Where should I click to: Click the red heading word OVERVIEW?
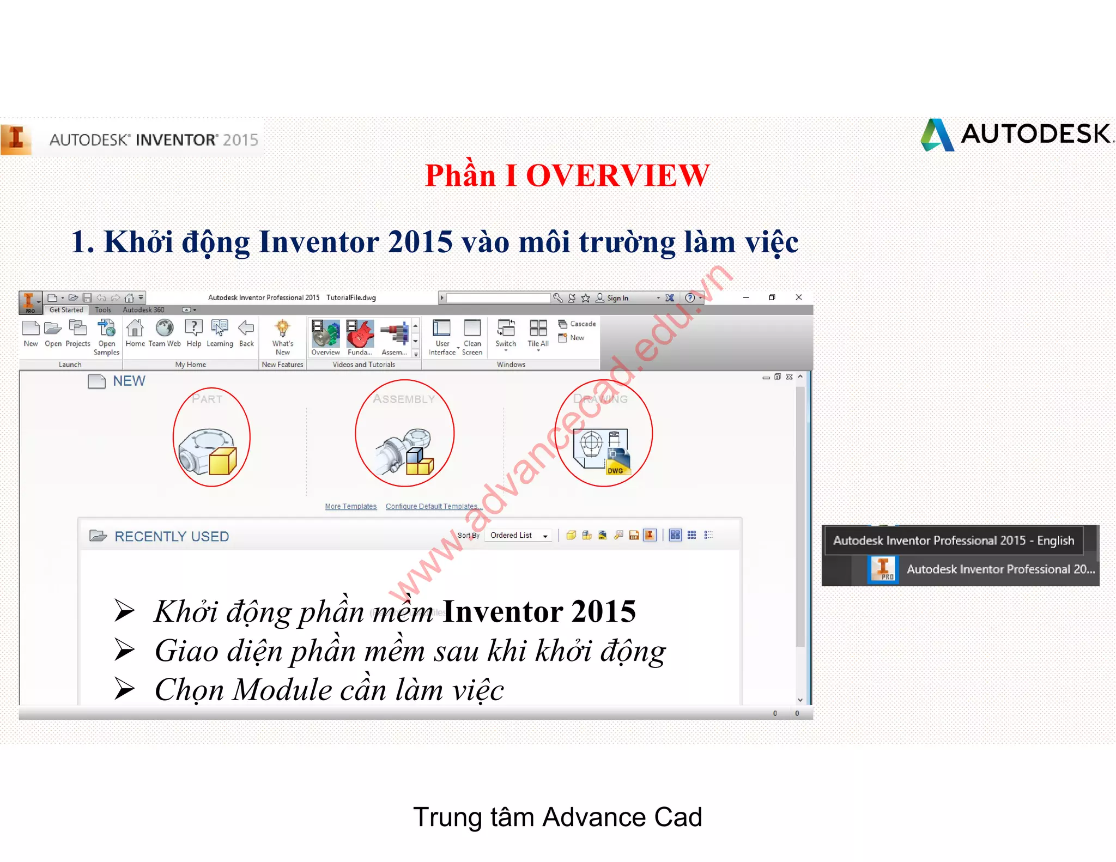[x=617, y=176]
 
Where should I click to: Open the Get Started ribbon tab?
[x=66, y=310]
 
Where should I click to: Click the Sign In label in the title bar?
[x=617, y=298]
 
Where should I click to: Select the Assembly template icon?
[x=404, y=450]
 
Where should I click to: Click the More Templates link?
[x=350, y=506]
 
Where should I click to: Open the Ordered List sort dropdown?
[x=519, y=536]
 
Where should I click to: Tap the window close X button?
[x=799, y=298]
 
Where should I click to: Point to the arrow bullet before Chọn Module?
[x=125, y=689]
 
